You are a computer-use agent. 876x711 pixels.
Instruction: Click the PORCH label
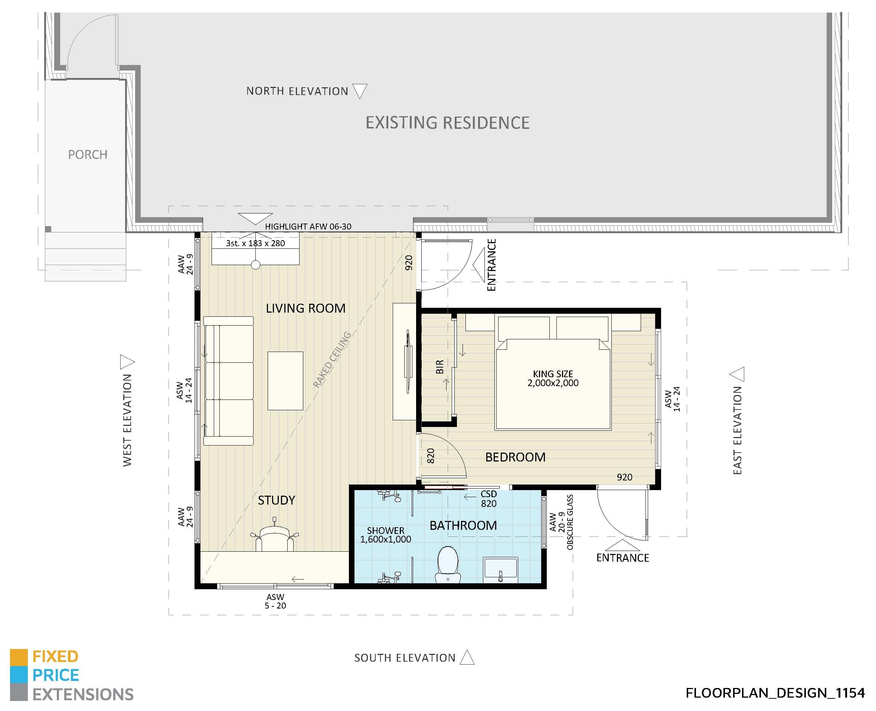88,154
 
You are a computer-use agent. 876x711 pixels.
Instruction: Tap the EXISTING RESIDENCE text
447,123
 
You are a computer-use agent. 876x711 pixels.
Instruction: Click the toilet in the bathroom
448,564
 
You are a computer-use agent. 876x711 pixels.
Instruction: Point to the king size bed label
553,378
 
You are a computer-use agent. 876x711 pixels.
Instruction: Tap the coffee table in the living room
285,381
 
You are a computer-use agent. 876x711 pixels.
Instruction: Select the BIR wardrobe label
439,366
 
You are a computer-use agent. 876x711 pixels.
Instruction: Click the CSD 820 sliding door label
488,498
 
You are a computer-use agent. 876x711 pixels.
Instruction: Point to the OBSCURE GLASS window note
570,522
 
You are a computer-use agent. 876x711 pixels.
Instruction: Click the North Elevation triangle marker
359,90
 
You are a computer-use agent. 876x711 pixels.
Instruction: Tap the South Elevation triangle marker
467,658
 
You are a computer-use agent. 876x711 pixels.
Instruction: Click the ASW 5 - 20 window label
275,601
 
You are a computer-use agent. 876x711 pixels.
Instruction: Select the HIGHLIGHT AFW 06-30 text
308,226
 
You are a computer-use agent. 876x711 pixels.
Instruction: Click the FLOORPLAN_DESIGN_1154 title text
775,693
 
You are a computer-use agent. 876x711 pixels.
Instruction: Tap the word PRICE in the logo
56,675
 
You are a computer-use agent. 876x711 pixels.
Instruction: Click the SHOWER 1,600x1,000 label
385,535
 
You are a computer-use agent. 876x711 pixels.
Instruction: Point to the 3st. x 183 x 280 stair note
255,243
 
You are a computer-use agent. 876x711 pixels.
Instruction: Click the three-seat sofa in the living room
228,381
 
